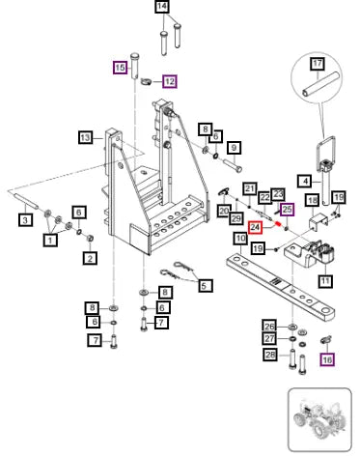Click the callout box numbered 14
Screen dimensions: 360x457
(162, 7)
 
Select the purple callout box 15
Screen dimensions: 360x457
(120, 68)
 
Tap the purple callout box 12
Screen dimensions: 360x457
(170, 81)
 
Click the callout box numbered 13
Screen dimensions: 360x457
(85, 138)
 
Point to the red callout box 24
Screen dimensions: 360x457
(255, 227)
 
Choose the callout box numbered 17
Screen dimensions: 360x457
(318, 63)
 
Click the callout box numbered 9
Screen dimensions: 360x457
(234, 148)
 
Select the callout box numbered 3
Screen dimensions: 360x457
(25, 220)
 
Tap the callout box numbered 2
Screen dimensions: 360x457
(90, 258)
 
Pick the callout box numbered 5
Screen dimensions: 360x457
(205, 285)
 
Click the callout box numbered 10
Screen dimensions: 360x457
(240, 239)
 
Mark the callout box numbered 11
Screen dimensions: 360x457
(325, 281)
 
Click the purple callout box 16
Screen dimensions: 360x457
(327, 359)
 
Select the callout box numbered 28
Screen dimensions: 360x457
(270, 355)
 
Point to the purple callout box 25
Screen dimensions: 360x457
(288, 210)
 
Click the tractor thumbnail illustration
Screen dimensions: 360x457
(319, 419)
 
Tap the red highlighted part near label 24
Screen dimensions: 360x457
(277, 223)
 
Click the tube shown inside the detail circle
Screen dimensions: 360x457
(320, 85)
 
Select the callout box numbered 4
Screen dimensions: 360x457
(305, 182)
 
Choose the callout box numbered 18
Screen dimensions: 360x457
(313, 201)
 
